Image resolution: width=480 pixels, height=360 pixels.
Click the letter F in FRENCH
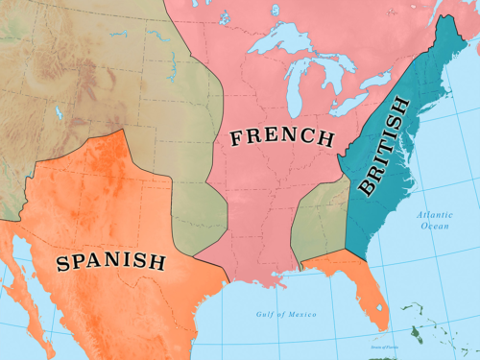pos(235,137)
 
